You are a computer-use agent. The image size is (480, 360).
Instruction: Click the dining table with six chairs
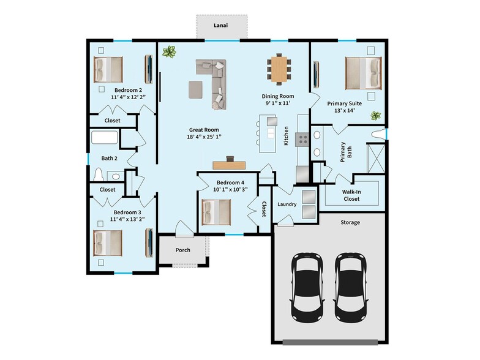(x=279, y=69)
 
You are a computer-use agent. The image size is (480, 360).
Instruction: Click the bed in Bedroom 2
(x=108, y=69)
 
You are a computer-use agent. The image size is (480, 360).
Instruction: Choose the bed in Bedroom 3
(x=108, y=242)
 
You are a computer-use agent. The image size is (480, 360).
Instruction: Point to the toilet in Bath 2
(x=100, y=174)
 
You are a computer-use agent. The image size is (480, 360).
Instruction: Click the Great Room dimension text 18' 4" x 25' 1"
(x=203, y=137)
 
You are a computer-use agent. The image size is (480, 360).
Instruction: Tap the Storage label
(x=351, y=222)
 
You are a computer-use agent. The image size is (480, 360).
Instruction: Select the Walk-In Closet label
(x=351, y=195)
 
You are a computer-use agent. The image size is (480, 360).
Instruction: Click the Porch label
(x=182, y=250)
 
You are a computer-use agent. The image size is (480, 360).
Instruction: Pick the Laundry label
(x=287, y=204)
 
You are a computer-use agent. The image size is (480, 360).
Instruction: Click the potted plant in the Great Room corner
(x=168, y=52)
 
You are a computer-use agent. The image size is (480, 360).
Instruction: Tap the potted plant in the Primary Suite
(x=375, y=115)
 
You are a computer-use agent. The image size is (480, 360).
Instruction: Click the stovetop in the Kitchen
(x=302, y=140)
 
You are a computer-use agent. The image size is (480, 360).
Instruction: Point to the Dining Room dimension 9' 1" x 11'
(x=278, y=103)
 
